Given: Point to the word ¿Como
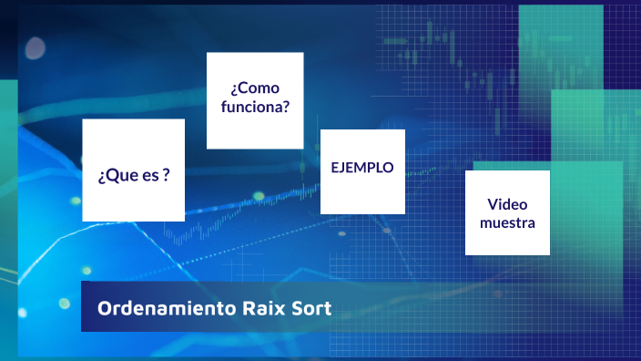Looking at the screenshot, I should pyautogui.click(x=255, y=88).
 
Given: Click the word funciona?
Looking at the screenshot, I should pyautogui.click(x=255, y=107).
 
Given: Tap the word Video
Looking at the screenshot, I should pyautogui.click(x=507, y=204).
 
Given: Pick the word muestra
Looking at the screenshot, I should pyautogui.click(x=507, y=222).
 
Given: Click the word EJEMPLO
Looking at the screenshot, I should pyautogui.click(x=362, y=168).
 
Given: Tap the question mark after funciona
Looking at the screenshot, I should pyautogui.click(x=286, y=107).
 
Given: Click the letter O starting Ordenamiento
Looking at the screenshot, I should pyautogui.click(x=103, y=308).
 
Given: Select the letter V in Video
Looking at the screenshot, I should pyautogui.click(x=492, y=204).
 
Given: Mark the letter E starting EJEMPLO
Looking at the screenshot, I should pyautogui.click(x=335, y=168).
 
